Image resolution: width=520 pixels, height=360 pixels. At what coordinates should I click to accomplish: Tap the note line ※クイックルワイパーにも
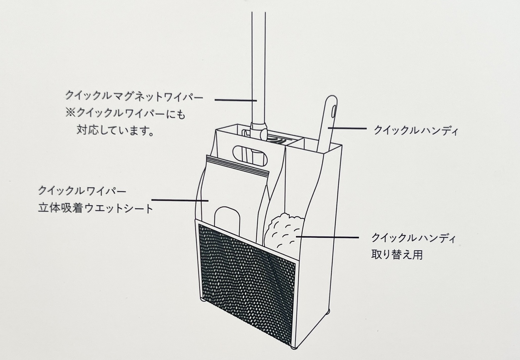[x=125, y=114]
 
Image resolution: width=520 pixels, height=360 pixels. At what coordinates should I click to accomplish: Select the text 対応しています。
[x=115, y=131]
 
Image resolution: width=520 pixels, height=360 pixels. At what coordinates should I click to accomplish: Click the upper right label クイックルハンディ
[x=416, y=130]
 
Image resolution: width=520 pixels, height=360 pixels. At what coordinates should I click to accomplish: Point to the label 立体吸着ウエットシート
[x=96, y=208]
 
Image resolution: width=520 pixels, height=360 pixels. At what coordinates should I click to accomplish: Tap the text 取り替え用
[x=397, y=254]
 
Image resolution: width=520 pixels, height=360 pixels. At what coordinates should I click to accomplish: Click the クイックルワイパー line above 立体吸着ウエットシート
[x=82, y=191]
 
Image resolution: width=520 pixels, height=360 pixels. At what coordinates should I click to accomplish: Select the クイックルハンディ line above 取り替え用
[x=414, y=238]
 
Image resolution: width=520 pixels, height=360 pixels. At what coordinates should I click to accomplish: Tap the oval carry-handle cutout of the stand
[x=250, y=155]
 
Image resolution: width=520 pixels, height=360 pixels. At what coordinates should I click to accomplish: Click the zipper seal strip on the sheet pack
[x=237, y=165]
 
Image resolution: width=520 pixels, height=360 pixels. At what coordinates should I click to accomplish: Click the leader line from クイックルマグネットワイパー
[x=235, y=100]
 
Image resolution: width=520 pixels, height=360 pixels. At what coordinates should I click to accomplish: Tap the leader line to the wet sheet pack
[x=180, y=200]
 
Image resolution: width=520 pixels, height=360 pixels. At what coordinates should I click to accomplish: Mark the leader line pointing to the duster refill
[x=327, y=237]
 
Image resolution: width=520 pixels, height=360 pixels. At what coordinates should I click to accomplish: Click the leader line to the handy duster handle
[x=347, y=128]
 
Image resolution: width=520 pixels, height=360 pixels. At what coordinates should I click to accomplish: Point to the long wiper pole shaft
[x=258, y=67]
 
